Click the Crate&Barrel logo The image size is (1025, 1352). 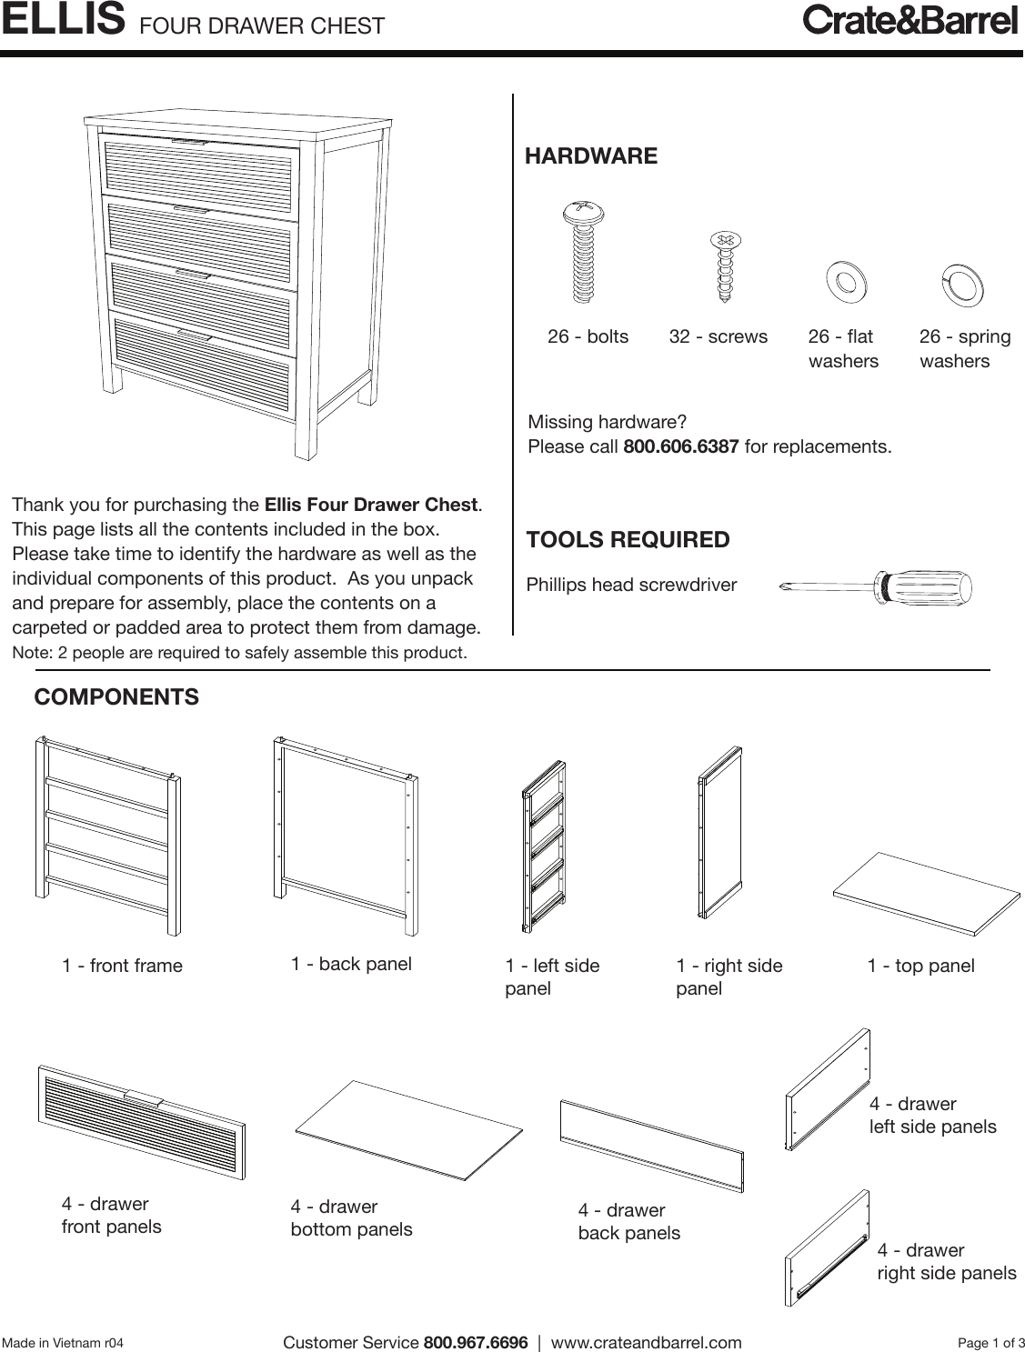(909, 20)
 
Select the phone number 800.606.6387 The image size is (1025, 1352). (680, 447)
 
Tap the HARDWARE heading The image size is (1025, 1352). (591, 156)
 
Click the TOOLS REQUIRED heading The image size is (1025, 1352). (628, 540)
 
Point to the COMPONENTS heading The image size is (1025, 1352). (116, 697)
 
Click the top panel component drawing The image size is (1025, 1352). (927, 894)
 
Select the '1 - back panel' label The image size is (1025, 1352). (351, 964)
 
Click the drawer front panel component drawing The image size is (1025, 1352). (142, 1123)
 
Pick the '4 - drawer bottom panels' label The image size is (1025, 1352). (351, 1218)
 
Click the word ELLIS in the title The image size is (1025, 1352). (63, 20)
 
